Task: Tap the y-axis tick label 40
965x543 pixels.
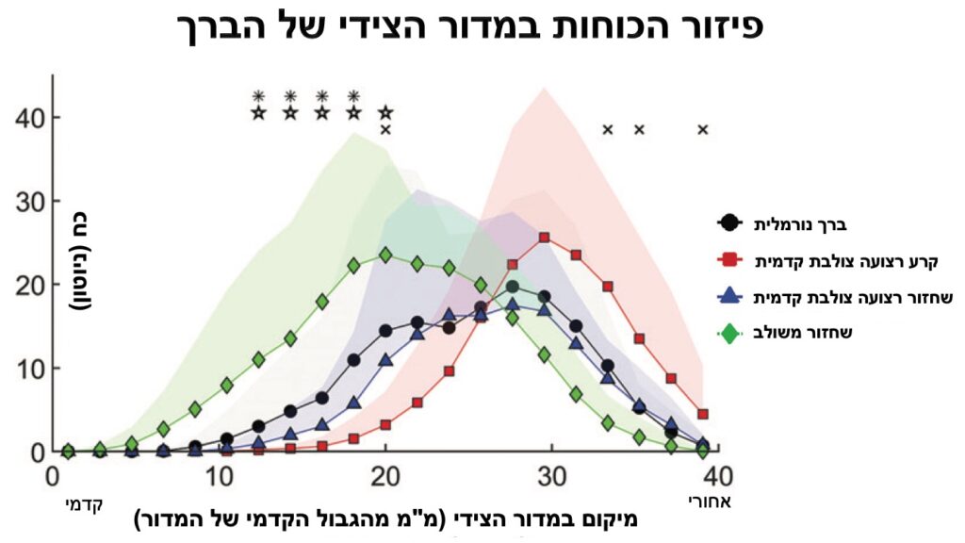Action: coord(31,118)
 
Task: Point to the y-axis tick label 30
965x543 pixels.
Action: coord(31,202)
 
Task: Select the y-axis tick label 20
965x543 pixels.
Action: coord(31,285)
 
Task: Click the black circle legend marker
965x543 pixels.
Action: coord(728,223)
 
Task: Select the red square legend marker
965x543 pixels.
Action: coord(728,257)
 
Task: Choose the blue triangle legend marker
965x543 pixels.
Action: coord(728,296)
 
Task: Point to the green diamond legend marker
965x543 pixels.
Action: coord(728,331)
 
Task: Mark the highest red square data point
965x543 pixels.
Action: coord(545,239)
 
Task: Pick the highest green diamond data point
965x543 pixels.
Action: coord(385,255)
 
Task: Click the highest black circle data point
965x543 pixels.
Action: coord(513,288)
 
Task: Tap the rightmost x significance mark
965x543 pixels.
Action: coord(702,130)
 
